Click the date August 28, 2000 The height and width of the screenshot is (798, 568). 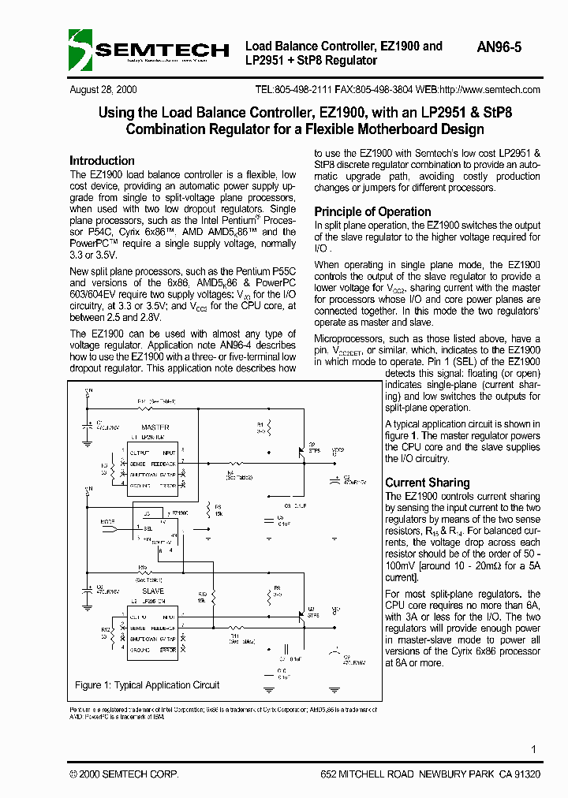(x=103, y=90)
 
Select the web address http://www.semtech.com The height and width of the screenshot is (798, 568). (x=489, y=90)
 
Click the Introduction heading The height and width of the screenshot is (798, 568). (x=102, y=160)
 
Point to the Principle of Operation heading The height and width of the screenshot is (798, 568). (x=372, y=211)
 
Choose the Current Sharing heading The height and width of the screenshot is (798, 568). (x=427, y=483)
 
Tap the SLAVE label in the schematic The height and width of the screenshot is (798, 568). (x=153, y=591)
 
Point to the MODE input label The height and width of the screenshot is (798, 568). (x=108, y=522)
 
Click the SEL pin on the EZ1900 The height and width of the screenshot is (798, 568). (x=148, y=529)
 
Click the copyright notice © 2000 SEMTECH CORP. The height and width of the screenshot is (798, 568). (x=124, y=774)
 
